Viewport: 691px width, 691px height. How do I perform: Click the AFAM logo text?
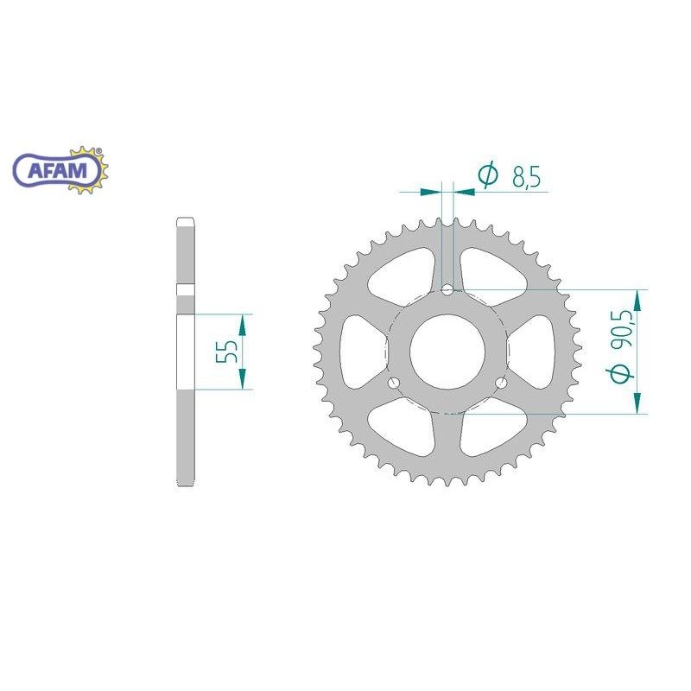[58, 170]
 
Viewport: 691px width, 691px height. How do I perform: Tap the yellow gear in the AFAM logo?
[88, 170]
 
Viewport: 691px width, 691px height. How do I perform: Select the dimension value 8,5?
[526, 177]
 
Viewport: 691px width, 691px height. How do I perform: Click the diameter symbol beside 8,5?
[488, 175]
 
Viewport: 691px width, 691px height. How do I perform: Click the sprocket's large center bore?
[447, 352]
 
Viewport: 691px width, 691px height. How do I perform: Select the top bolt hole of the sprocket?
[447, 290]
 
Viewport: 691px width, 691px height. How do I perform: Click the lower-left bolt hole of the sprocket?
[394, 383]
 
